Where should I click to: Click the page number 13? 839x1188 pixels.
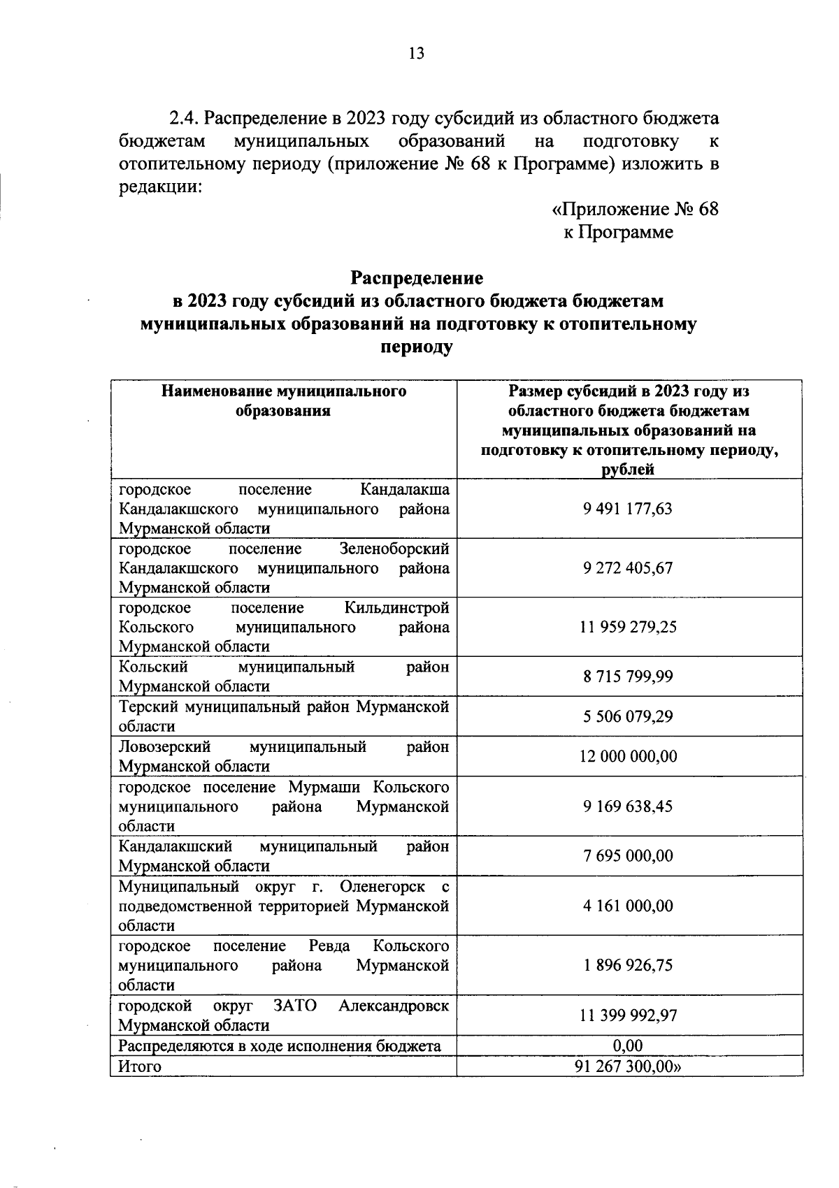[416, 54]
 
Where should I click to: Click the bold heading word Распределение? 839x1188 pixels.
[417, 278]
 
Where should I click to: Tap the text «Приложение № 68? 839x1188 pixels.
[635, 209]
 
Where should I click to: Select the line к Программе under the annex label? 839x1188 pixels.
[618, 232]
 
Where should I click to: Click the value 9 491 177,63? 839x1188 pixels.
[628, 508]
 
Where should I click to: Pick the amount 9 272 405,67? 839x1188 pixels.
[628, 567]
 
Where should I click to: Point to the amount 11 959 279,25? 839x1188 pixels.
[628, 627]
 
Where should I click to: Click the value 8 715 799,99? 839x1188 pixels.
[628, 676]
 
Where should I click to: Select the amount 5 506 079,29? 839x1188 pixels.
[628, 716]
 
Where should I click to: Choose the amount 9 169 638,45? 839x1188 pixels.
[628, 806]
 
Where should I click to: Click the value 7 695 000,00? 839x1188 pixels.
[628, 855]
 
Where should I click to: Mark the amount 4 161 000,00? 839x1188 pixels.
[628, 906]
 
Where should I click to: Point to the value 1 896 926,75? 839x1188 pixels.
[628, 965]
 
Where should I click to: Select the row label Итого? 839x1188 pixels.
[140, 1066]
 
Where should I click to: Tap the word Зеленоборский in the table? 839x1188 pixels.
[394, 549]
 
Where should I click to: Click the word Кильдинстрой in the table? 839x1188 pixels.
[397, 608]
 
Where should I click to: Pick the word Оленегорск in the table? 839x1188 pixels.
[382, 887]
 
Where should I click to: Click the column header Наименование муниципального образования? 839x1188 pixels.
[283, 401]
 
